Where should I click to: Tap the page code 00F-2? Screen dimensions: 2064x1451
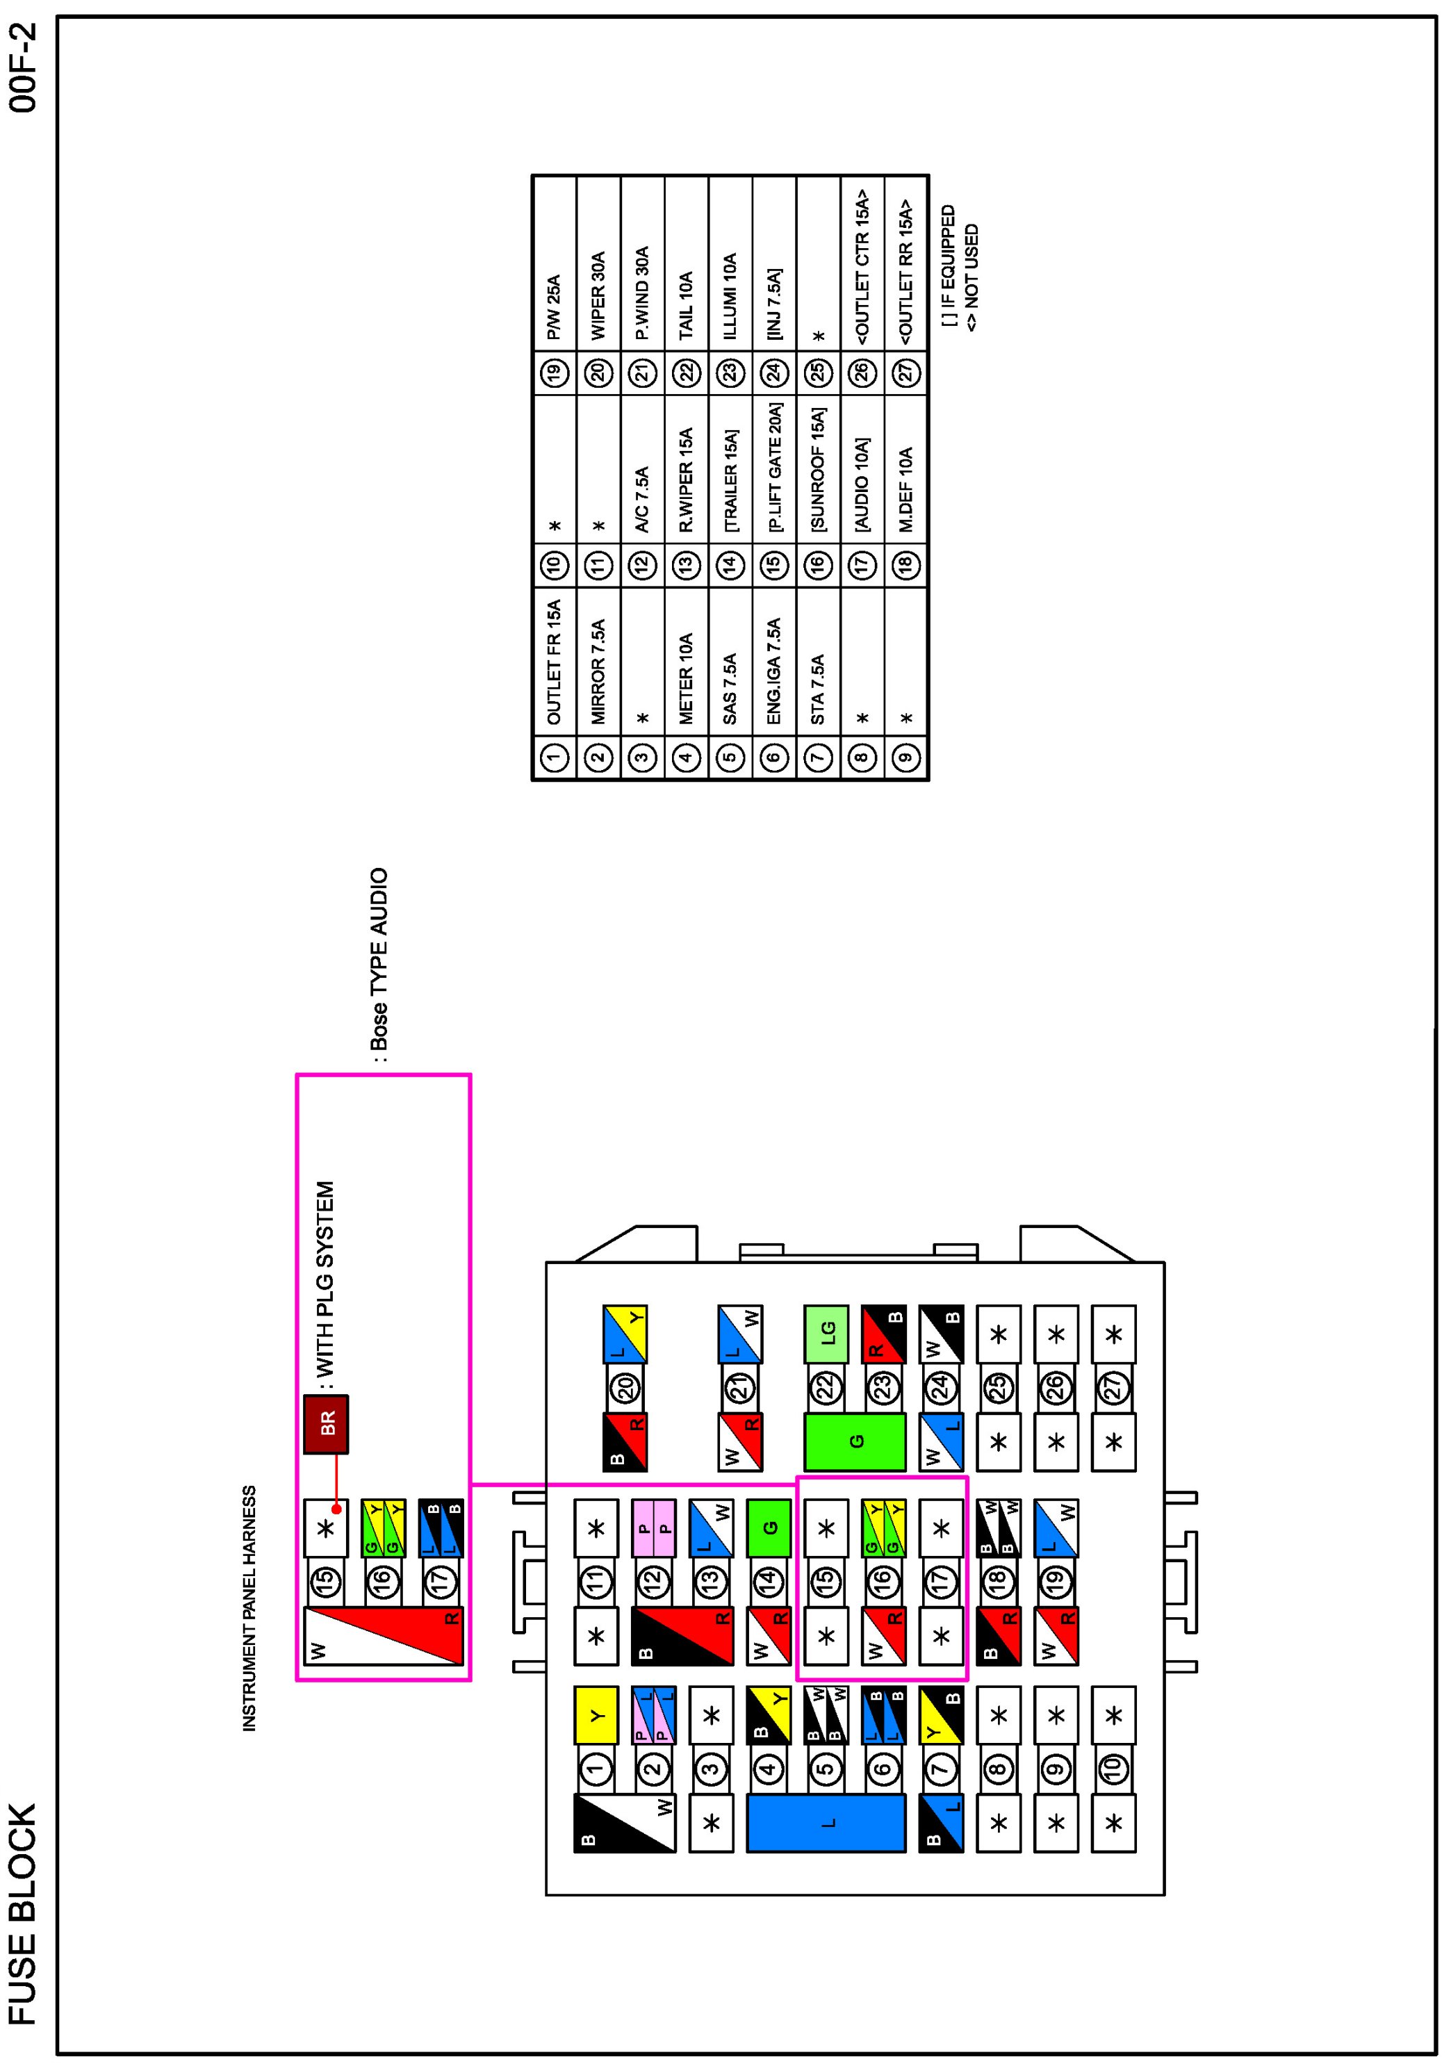point(24,68)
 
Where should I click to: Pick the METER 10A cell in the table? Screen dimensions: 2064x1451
point(686,679)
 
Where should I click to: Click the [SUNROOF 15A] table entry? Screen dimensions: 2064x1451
point(817,470)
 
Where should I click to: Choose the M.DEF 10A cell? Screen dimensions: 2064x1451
point(905,489)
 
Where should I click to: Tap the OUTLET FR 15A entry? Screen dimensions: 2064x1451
point(554,662)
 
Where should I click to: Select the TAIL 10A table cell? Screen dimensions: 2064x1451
point(686,306)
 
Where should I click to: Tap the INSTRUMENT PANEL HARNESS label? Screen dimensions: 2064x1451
point(249,1608)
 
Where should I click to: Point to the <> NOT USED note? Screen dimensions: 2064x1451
point(971,279)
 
